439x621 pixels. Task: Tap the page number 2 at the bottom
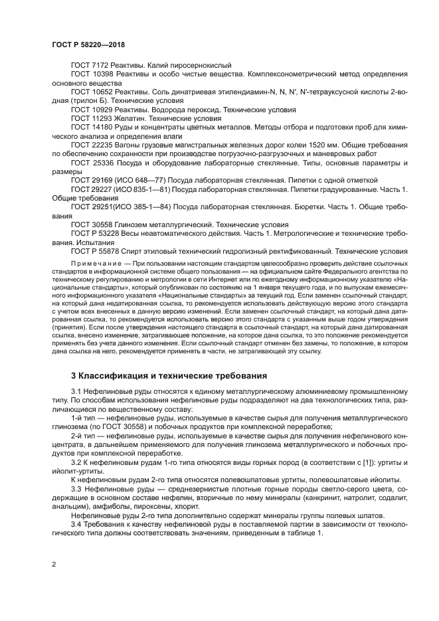tap(54, 565)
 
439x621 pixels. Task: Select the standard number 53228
tap(107, 234)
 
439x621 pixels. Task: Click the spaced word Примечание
tap(94, 264)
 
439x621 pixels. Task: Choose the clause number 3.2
tap(76, 460)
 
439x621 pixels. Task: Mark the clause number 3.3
tap(76, 488)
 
